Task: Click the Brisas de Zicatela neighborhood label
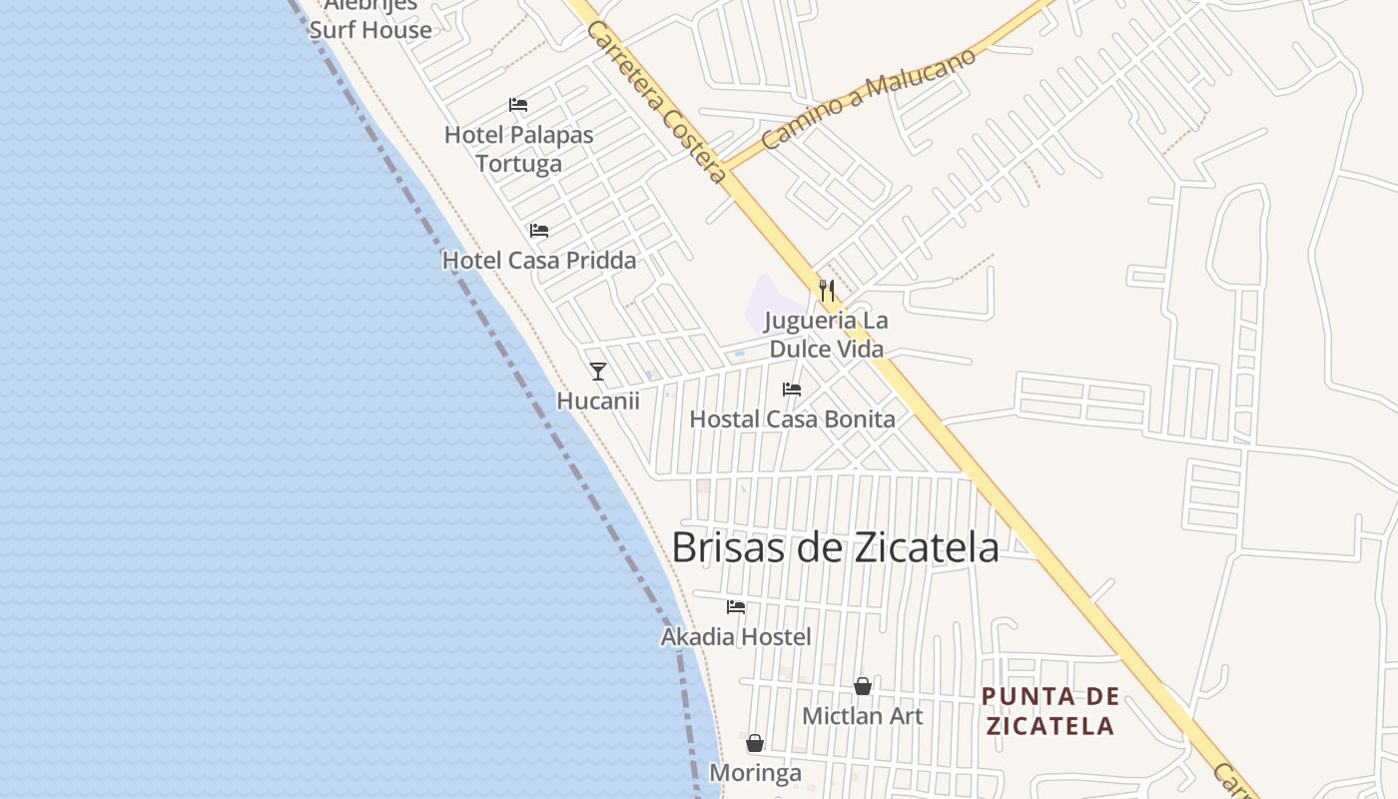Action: (x=835, y=548)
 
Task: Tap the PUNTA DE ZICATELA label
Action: (x=1049, y=711)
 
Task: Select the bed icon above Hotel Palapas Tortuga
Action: (x=517, y=105)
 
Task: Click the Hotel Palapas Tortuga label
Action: (x=518, y=149)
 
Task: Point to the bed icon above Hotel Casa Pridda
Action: (x=539, y=231)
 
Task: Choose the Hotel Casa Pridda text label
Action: (x=539, y=261)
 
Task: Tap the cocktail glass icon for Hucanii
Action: (x=598, y=372)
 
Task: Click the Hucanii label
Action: (x=598, y=400)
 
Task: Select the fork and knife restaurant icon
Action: (x=827, y=291)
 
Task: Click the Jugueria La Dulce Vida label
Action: (x=826, y=335)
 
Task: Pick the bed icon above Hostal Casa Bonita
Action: (x=792, y=390)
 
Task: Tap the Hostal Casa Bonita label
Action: (x=792, y=418)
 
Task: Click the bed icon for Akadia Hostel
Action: (x=736, y=607)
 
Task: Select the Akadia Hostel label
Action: (x=736, y=636)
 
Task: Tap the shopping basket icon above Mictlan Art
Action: (x=863, y=686)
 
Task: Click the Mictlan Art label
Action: (x=863, y=716)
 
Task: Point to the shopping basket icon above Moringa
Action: (x=755, y=743)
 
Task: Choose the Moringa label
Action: (x=755, y=773)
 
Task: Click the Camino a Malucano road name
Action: (x=868, y=100)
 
